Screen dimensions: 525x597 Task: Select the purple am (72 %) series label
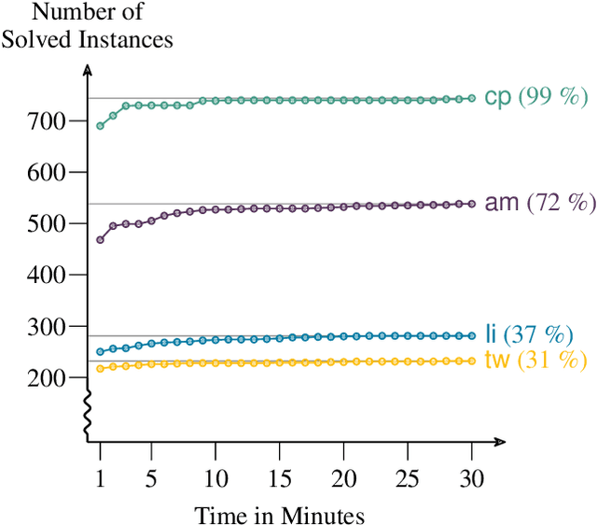point(539,203)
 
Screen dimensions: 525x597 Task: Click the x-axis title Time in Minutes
point(280,514)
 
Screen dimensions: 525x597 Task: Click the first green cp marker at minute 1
point(101,125)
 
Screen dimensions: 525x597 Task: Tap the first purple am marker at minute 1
point(101,240)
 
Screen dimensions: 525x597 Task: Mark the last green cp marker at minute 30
point(472,98)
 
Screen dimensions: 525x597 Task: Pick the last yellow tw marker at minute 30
point(472,361)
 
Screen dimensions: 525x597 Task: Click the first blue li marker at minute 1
point(101,352)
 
